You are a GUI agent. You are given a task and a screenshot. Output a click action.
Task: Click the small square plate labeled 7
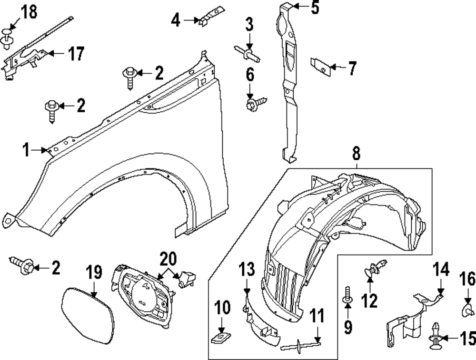pyautogui.click(x=320, y=67)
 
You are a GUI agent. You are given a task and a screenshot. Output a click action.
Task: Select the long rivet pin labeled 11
pyautogui.click(x=301, y=343)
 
